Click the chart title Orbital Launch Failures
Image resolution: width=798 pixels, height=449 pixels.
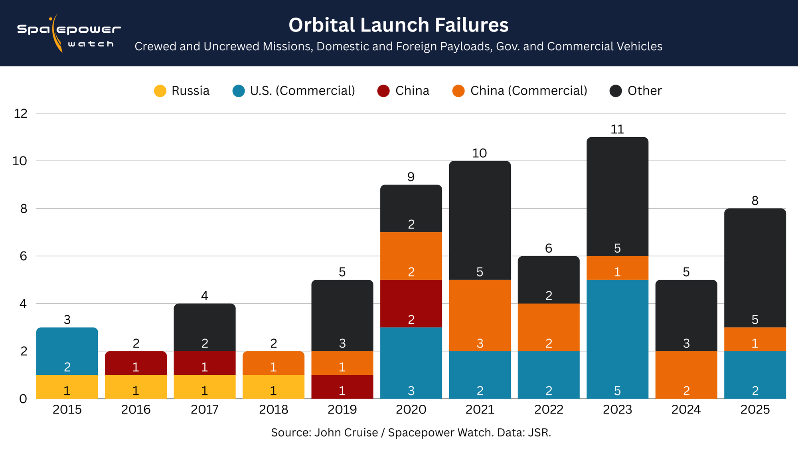[398, 25]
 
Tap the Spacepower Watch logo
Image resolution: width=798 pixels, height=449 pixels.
[69, 34]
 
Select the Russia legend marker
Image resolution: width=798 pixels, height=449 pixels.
[160, 91]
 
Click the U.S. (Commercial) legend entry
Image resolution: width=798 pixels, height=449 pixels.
[294, 91]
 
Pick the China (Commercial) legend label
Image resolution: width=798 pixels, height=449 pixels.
[528, 91]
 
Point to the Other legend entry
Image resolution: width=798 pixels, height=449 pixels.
[636, 91]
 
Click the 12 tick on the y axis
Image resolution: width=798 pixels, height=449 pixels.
[21, 114]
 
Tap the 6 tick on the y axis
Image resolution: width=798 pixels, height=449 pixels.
[23, 256]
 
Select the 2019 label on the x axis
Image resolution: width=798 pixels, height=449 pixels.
[342, 409]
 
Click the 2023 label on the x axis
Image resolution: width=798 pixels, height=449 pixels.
[617, 409]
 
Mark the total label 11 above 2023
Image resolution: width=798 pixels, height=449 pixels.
[617, 129]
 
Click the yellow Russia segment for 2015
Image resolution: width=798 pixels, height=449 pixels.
[67, 387]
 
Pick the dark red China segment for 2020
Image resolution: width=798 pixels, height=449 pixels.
[411, 304]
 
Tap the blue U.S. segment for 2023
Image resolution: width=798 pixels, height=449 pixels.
[617, 339]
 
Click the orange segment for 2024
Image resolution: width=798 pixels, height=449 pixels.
[686, 375]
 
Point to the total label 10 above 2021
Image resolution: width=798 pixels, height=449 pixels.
[480, 153]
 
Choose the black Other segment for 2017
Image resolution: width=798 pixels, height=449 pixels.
[205, 327]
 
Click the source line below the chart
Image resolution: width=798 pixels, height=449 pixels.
[411, 433]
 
